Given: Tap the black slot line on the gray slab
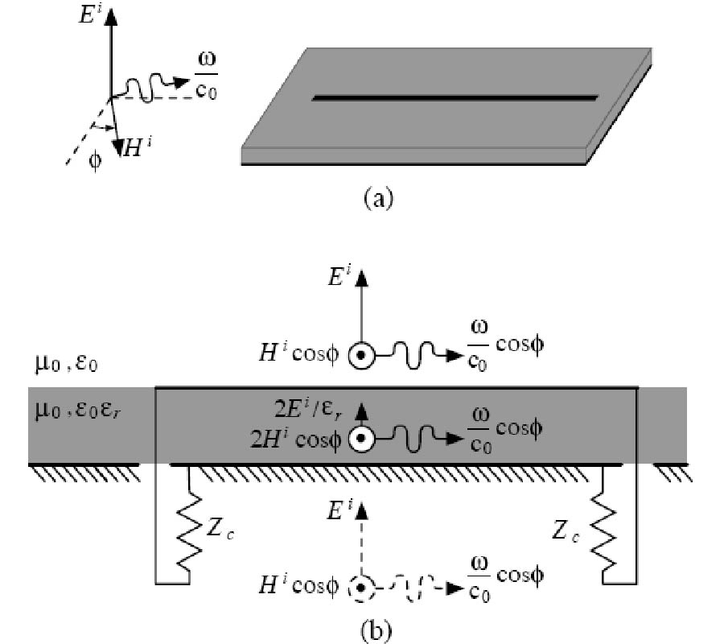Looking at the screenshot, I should [x=455, y=98].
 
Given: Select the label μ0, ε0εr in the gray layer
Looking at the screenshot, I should [x=76, y=416].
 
